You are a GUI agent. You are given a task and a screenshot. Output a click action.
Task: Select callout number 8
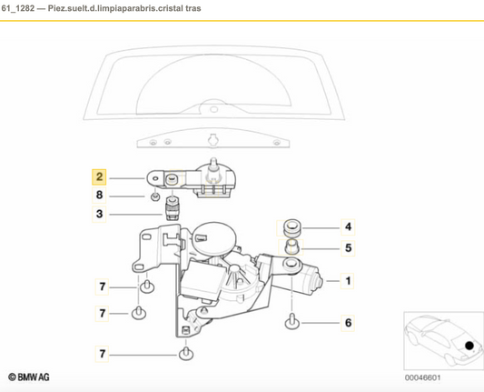click(x=101, y=196)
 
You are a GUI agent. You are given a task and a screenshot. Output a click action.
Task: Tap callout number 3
click(x=101, y=215)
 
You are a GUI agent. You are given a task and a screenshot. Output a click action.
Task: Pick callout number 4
click(x=348, y=226)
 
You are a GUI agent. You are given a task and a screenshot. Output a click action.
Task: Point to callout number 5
click(x=348, y=246)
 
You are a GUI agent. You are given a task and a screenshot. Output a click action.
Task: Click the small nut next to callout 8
click(x=154, y=196)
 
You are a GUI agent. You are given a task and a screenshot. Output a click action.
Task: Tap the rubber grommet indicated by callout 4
click(x=291, y=226)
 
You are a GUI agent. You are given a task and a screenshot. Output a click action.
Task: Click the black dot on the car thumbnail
click(x=469, y=346)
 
